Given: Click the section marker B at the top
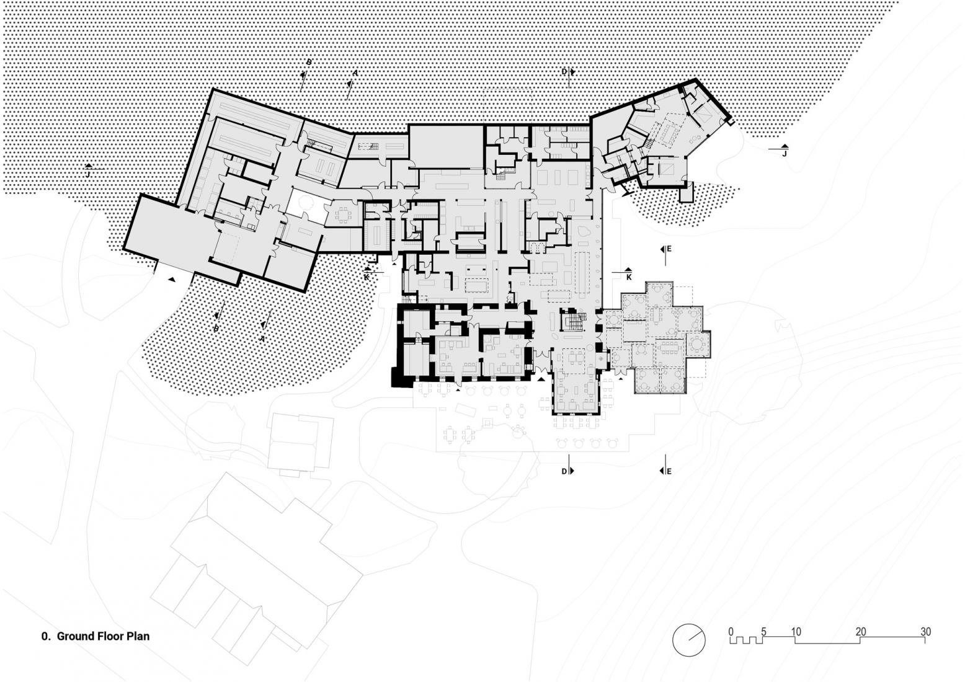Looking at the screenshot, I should click(308, 62).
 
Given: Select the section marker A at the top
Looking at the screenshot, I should click(355, 73).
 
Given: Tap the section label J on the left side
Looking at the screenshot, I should click(88, 175).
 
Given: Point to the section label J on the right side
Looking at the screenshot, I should click(784, 153).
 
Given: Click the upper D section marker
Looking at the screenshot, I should click(564, 72).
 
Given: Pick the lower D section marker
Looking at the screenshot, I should click(564, 471).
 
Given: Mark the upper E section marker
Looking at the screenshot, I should click(669, 249).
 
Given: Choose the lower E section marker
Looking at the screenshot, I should click(669, 471).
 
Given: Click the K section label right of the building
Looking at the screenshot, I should click(628, 277).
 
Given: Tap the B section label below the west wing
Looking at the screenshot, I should click(216, 329).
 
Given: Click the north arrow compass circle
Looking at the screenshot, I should click(689, 639).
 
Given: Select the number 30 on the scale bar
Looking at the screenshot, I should click(925, 632).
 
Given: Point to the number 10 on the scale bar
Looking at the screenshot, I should click(796, 632).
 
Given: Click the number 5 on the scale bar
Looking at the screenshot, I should click(763, 632).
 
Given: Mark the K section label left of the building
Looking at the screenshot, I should click(367, 277).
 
